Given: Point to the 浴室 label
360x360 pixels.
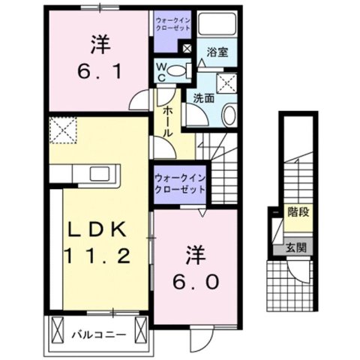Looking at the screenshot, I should pyautogui.click(x=218, y=53).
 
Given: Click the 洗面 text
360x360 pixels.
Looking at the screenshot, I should pyautogui.click(x=202, y=97).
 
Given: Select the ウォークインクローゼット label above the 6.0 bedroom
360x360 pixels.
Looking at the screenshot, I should pyautogui.click(x=180, y=184).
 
